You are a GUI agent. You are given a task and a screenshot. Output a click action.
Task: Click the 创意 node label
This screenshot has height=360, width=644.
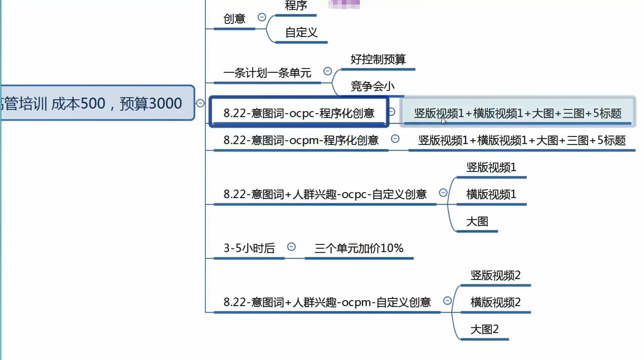(234, 19)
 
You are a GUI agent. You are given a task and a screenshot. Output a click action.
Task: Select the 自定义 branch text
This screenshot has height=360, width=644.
(301, 33)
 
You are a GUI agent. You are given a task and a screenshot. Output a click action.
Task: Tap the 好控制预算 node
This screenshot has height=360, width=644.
(378, 59)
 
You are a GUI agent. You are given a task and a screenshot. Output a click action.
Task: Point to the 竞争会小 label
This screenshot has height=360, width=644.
(372, 86)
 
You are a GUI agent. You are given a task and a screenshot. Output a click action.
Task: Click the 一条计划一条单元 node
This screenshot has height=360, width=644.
(267, 73)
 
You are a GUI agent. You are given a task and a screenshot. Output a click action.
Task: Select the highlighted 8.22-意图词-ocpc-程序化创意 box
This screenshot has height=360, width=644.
(299, 113)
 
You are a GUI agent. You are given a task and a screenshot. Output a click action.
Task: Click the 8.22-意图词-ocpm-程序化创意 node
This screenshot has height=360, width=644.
(301, 140)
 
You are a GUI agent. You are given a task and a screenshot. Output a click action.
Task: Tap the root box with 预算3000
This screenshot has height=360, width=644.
(94, 103)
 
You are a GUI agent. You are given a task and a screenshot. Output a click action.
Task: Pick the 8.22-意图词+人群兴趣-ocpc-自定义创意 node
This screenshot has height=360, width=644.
(325, 194)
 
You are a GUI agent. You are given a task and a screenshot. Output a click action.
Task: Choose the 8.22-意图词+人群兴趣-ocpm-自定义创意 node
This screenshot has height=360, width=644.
(327, 302)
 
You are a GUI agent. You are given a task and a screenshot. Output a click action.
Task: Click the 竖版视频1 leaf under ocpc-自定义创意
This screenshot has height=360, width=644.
(491, 167)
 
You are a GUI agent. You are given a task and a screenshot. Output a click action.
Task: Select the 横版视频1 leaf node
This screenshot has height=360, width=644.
(491, 194)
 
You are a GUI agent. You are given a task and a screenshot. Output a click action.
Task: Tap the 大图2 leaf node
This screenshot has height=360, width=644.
(484, 329)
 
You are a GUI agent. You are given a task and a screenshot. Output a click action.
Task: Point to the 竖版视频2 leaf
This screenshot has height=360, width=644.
(496, 275)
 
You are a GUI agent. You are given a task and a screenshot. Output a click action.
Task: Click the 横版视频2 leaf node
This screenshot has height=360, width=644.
(496, 302)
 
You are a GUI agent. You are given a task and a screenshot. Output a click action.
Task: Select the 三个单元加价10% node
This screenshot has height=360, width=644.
(359, 248)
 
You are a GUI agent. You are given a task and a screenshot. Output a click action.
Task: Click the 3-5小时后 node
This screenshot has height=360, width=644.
(249, 248)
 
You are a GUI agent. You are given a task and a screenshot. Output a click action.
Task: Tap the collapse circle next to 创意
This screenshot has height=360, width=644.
(262, 17)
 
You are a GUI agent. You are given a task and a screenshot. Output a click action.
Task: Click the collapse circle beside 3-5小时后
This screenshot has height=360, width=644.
(291, 247)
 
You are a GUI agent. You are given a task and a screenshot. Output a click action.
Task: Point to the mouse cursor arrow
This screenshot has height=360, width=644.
(444, 120)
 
